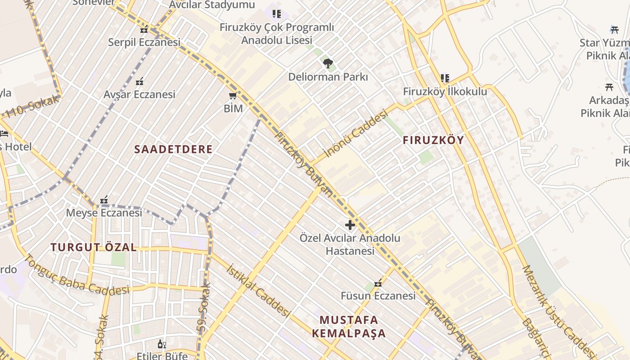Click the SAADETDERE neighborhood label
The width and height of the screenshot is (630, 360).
173,149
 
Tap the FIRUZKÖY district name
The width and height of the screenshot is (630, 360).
433,140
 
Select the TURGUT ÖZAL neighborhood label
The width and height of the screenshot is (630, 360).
94,247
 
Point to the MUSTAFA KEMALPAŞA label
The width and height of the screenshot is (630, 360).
349,327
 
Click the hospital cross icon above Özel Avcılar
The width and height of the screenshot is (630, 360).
350,225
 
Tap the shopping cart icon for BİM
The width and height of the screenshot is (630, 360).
233,95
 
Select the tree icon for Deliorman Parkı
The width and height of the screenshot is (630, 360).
328,63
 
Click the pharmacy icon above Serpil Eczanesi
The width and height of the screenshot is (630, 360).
144,30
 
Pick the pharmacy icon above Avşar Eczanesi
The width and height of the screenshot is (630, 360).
139,81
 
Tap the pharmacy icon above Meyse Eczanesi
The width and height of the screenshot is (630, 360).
104,199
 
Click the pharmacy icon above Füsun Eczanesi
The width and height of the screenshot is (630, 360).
378,283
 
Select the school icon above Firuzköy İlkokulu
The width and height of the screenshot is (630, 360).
445,78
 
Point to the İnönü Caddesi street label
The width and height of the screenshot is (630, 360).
355,134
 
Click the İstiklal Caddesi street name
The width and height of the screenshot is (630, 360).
258,290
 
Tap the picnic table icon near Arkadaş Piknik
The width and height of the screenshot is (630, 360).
609,87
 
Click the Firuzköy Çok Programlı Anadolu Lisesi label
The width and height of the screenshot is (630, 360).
277,33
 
